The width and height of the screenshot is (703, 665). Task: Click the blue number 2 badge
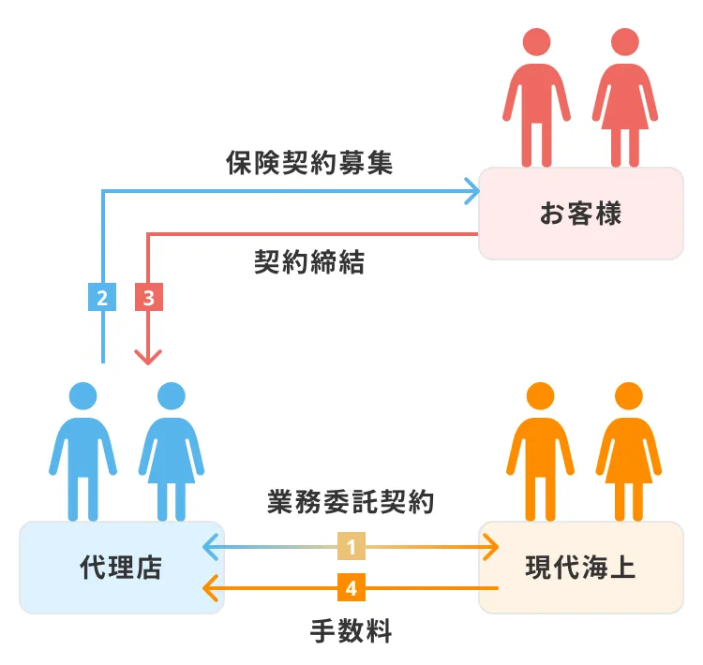pos(102,297)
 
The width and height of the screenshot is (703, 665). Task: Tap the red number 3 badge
pos(149,297)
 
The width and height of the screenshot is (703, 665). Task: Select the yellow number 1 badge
pos(351,545)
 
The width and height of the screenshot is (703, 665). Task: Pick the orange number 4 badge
pos(351,588)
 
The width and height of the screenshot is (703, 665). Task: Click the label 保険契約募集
pos(308,163)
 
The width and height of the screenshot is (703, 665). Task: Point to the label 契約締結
pos(308,261)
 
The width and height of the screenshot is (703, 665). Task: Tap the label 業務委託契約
pos(350,503)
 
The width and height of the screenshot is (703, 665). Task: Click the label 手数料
pos(351,630)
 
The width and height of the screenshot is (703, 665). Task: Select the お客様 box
pos(580,214)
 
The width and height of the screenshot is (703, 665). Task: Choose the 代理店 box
pos(121,567)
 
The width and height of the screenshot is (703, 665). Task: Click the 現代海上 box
pos(580,567)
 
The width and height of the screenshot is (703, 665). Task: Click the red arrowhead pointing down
pos(149,356)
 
